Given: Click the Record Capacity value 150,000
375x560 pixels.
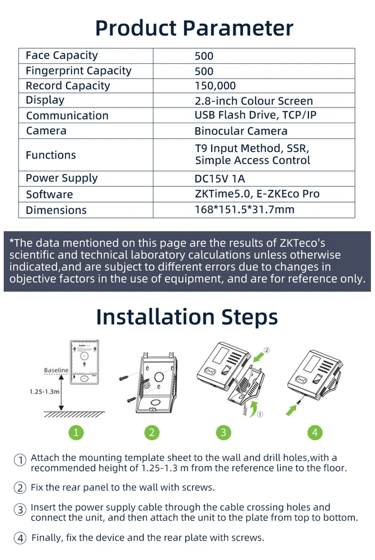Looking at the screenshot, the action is click(x=215, y=86).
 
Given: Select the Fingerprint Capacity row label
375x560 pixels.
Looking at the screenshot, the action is click(x=78, y=71).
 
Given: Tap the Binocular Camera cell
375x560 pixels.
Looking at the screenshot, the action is click(x=241, y=131).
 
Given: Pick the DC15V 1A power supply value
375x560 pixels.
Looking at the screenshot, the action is click(x=220, y=179).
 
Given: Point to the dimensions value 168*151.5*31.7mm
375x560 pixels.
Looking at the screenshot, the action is click(x=245, y=209).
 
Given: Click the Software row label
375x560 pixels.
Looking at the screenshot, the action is click(x=49, y=194).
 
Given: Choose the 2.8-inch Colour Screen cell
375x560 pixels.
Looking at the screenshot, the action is click(x=254, y=101).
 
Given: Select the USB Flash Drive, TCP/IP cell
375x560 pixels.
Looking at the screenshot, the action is click(x=255, y=115).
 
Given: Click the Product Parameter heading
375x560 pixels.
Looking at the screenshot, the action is click(x=194, y=28).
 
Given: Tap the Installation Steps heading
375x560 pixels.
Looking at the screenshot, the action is click(x=187, y=317).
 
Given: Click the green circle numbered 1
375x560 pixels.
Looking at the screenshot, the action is click(x=76, y=432).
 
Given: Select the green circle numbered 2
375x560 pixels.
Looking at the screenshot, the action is click(x=152, y=432).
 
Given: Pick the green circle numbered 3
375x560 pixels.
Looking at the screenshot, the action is click(x=224, y=432).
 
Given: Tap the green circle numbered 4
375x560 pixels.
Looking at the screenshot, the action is click(x=315, y=432).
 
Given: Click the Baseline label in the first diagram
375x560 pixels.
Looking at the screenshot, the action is click(x=56, y=370).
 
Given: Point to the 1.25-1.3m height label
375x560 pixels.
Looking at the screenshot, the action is click(x=45, y=391).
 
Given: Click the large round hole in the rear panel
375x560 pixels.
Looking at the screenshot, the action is click(x=159, y=376).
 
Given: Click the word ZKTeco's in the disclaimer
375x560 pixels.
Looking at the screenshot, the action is click(x=302, y=243).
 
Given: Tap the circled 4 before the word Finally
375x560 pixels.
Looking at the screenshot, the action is click(x=20, y=538).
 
